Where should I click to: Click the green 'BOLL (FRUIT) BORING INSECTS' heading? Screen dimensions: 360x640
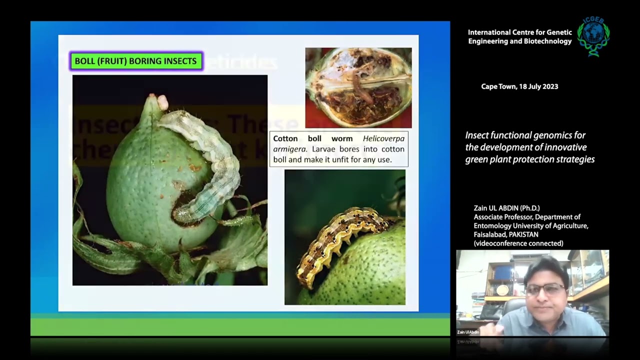point(136,61)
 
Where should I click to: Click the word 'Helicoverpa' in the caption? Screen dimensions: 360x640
point(383,138)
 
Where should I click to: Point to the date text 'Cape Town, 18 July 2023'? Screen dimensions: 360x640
point(519,86)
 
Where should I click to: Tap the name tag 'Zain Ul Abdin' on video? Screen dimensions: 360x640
point(468,332)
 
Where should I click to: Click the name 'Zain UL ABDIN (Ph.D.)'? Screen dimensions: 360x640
point(506,208)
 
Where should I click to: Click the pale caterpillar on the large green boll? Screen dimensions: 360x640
point(210,160)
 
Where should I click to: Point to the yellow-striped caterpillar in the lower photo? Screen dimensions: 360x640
point(340,235)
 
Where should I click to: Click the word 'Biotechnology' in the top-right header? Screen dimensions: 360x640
point(547,41)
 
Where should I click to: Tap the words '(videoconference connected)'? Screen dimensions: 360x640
point(518,243)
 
